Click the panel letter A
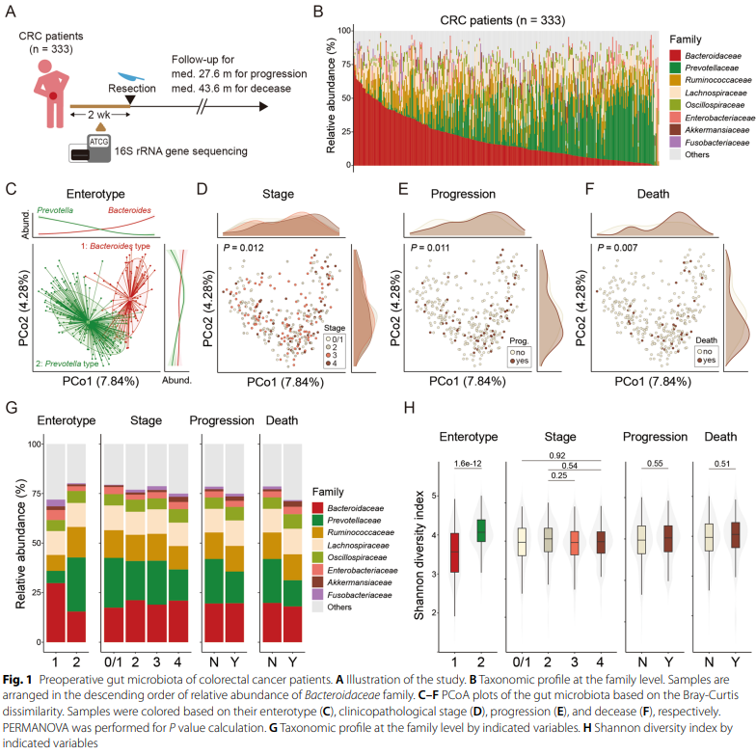coord(9,11)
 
